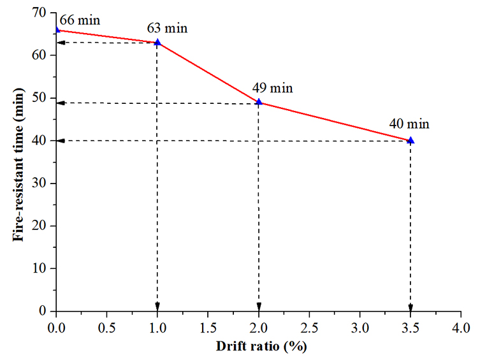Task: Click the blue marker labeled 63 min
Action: click(x=157, y=43)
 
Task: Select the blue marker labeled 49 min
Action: click(x=259, y=102)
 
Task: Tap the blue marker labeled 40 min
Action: click(x=410, y=140)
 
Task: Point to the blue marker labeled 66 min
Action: click(x=57, y=29)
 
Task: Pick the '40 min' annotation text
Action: click(x=409, y=124)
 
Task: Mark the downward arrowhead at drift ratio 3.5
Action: click(x=410, y=306)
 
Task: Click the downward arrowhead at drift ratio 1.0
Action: click(x=157, y=306)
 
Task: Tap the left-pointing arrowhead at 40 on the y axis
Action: click(x=61, y=141)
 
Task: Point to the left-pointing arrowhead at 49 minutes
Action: click(x=61, y=103)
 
